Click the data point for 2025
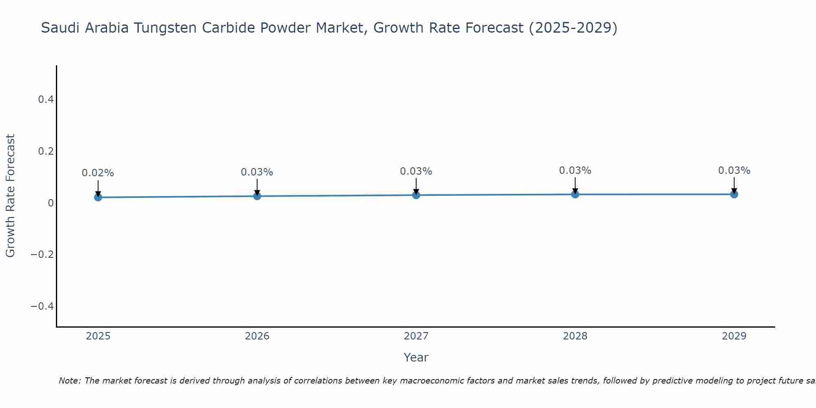point(98,197)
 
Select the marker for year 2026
point(257,196)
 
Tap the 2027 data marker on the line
point(416,195)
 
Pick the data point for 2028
point(575,194)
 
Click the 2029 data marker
point(734,194)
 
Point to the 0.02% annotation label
point(98,173)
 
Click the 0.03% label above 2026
point(257,172)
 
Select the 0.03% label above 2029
point(734,171)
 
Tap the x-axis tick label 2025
point(98,336)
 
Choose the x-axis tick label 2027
point(416,336)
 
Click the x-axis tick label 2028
point(575,336)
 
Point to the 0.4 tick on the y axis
point(46,100)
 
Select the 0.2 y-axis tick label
point(46,151)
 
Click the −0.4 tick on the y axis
point(42,306)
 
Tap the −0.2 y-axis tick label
point(42,255)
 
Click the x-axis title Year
point(416,357)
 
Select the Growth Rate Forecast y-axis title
point(10,196)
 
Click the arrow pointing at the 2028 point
point(575,184)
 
